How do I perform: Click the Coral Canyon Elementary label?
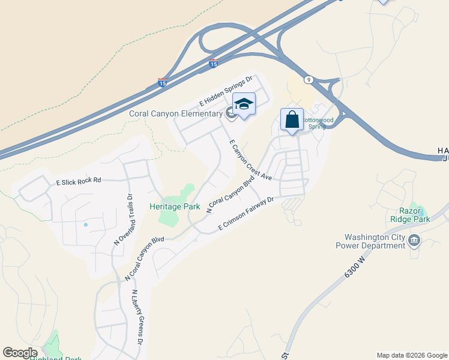176,113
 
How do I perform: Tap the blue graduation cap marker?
244,106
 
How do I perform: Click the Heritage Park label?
175,206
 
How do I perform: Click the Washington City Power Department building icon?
414,241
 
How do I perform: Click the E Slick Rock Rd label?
79,181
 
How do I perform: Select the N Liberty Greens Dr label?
137,317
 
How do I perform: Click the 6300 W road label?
355,266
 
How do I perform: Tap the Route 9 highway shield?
308,79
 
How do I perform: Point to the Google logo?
20,353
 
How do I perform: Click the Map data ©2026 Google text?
411,355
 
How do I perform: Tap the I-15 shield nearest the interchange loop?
213,63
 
